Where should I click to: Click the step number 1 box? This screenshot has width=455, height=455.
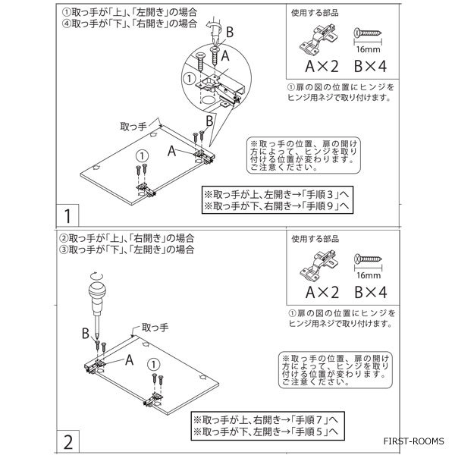[67, 215]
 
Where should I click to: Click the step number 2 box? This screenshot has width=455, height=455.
[68, 441]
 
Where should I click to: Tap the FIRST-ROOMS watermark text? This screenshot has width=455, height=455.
[413, 441]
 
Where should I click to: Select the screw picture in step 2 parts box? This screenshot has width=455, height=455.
[368, 259]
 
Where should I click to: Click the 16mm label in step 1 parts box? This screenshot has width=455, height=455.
[368, 49]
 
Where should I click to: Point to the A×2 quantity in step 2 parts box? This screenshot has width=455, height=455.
[322, 292]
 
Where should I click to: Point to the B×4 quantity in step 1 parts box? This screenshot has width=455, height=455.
[371, 66]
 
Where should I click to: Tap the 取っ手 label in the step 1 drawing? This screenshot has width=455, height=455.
[133, 127]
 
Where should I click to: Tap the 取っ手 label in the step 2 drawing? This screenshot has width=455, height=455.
[155, 328]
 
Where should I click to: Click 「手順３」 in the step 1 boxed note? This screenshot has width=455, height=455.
[321, 194]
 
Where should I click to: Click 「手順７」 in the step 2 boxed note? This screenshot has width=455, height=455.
[311, 420]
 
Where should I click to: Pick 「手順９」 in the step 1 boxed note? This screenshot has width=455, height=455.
[321, 206]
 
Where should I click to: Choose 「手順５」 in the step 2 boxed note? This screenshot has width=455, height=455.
[311, 431]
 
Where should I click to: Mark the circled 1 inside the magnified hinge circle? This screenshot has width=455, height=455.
[190, 79]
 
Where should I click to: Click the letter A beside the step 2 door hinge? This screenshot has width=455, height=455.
[129, 360]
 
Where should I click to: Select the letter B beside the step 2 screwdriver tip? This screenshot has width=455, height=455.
[85, 333]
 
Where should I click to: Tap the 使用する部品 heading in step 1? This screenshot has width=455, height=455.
[315, 13]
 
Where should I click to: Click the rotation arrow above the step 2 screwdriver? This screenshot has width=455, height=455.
[96, 275]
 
